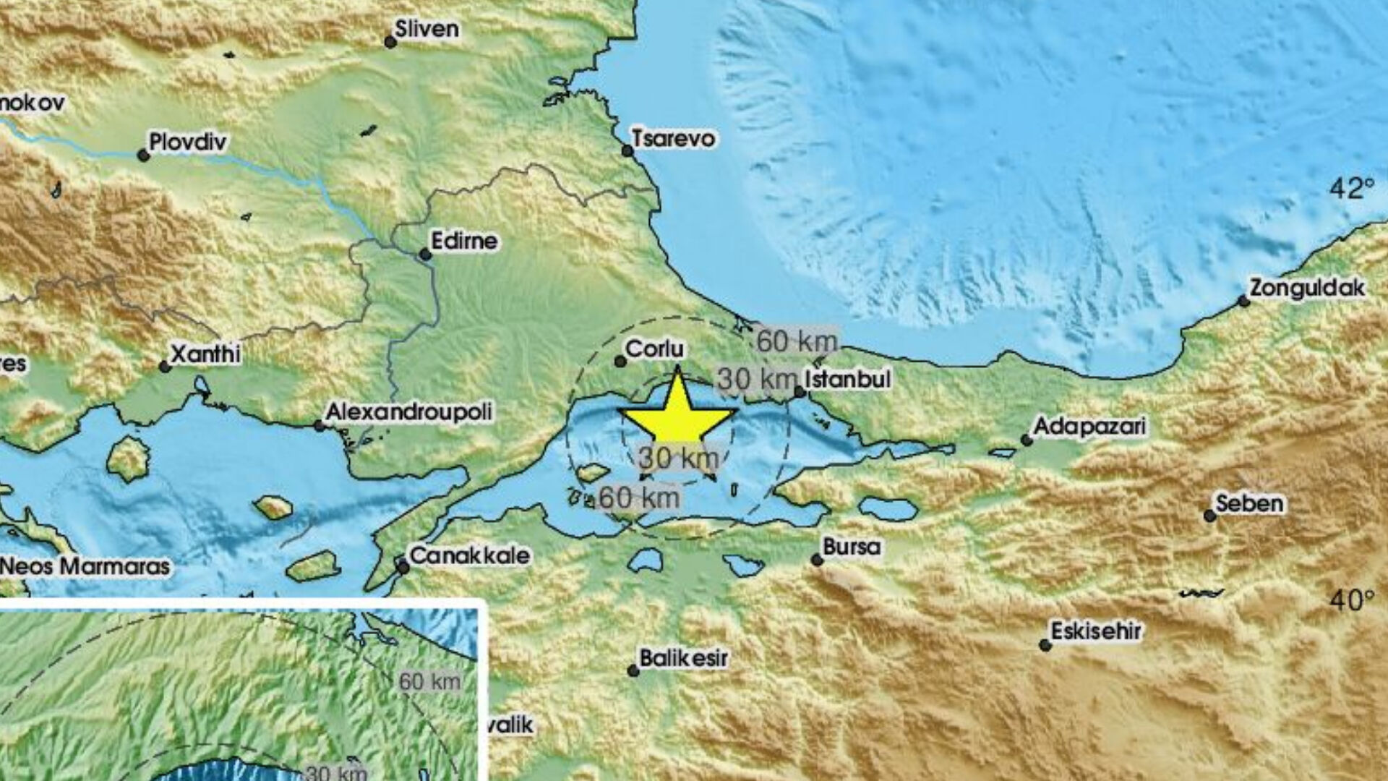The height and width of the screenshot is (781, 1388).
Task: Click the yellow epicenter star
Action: (677, 414)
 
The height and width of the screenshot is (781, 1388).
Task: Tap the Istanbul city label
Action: (847, 379)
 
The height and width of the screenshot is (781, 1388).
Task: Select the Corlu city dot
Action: (620, 361)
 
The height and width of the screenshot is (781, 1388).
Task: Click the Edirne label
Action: (463, 241)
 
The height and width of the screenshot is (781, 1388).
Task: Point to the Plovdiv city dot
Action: (144, 155)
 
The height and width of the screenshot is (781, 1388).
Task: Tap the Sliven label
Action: (427, 29)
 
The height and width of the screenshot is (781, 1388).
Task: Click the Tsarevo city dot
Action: (627, 151)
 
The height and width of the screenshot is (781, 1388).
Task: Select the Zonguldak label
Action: (1307, 288)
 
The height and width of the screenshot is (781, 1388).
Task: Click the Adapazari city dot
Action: (1026, 440)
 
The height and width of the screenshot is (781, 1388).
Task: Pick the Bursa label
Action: (852, 547)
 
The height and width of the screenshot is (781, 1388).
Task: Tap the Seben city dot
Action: (1209, 516)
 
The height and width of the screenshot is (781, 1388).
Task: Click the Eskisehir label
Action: (1096, 631)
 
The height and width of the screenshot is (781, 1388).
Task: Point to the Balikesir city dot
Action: (633, 671)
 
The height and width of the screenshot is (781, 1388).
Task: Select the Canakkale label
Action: (470, 555)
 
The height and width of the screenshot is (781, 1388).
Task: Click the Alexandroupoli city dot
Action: (319, 426)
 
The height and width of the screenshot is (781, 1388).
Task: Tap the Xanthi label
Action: (205, 354)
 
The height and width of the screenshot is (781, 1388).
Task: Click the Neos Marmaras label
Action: (85, 566)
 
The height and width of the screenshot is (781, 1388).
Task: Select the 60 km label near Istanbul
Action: (797, 341)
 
